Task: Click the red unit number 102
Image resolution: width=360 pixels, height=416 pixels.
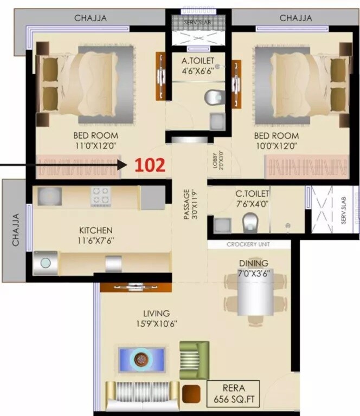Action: click(150, 165)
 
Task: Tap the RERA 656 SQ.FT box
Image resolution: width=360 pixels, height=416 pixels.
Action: click(234, 393)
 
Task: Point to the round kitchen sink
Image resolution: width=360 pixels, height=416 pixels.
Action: click(45, 263)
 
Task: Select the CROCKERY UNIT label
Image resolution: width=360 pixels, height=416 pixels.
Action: click(249, 244)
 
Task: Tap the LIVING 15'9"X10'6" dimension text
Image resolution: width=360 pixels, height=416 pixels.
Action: click(156, 324)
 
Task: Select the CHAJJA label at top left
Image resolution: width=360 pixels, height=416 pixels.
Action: click(90, 18)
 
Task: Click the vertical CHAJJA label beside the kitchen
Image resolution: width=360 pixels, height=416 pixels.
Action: click(16, 230)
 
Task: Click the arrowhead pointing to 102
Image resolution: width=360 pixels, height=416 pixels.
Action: click(123, 164)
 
